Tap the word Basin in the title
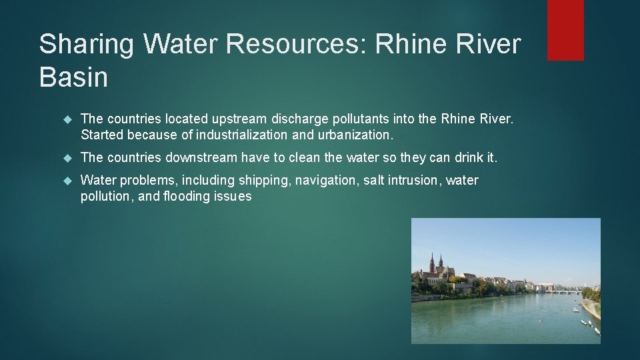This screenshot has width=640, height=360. pos(73,77)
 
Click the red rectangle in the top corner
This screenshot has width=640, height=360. pos(565,30)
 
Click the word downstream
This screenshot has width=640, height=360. pos(202,158)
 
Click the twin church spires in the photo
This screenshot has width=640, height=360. pos(435,263)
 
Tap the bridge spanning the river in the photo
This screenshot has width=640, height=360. pos(563,291)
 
